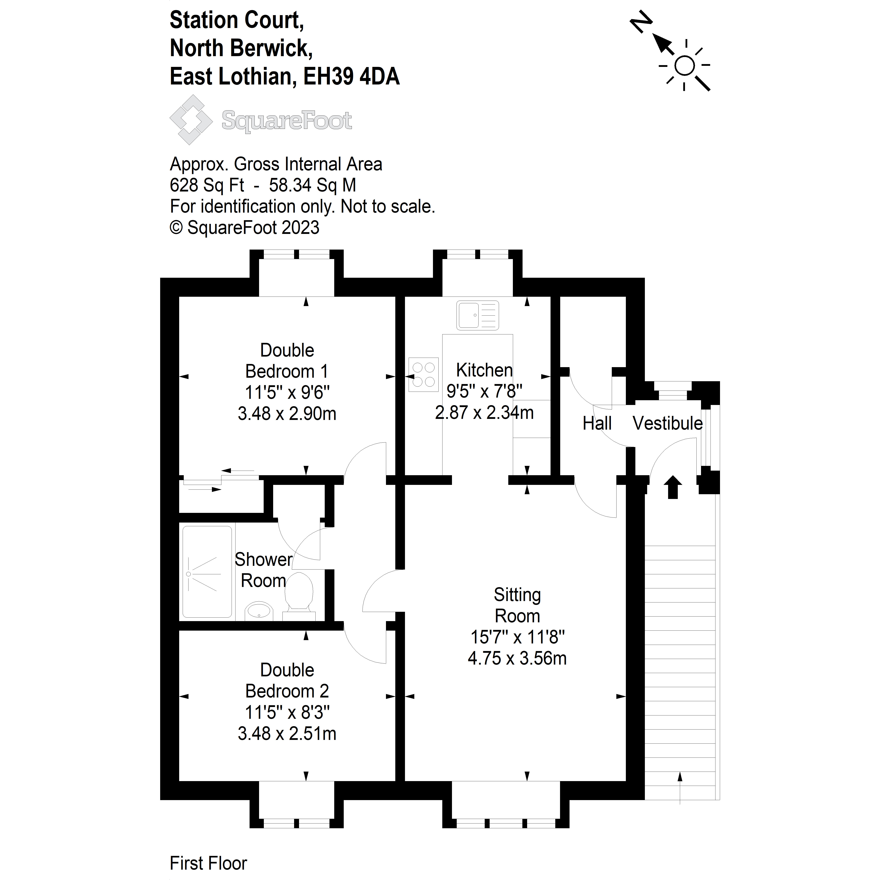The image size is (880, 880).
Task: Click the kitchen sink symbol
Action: pyautogui.click(x=477, y=315)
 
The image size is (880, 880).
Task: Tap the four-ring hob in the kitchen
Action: pyautogui.click(x=424, y=374)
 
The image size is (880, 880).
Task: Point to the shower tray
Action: pyautogui.click(x=207, y=572)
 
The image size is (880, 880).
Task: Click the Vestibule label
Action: pyautogui.click(x=667, y=424)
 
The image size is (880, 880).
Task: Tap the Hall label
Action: pyautogui.click(x=597, y=424)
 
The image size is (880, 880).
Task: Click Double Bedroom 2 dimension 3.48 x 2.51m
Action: pyautogui.click(x=287, y=733)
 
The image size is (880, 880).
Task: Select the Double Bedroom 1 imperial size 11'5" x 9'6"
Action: pyautogui.click(x=287, y=392)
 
